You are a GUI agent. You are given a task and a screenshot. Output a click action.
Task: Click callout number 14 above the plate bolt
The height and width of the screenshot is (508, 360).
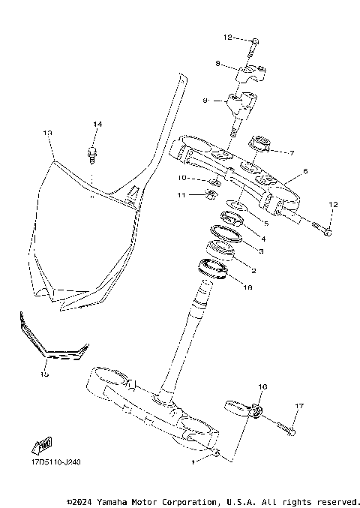pos(96,124)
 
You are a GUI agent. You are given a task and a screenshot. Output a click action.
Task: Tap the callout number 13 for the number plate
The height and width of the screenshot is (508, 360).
pos(47,133)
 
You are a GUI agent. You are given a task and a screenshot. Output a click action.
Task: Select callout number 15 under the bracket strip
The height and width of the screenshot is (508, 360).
pos(44,373)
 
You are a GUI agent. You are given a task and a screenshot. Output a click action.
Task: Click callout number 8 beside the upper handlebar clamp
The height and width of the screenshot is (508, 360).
pos(217,65)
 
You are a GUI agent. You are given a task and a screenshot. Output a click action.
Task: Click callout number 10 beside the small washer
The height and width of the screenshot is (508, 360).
pos(182,178)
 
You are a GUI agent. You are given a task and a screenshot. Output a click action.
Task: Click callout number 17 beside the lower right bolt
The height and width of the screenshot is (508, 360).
pos(299,406)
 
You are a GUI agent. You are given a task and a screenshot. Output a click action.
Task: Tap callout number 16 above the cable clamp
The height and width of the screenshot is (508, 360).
pos(262,388)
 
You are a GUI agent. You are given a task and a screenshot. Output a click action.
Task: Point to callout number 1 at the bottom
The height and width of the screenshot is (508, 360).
pos(193,463)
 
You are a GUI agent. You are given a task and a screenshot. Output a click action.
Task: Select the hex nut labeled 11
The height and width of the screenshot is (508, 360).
pos(211,197)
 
